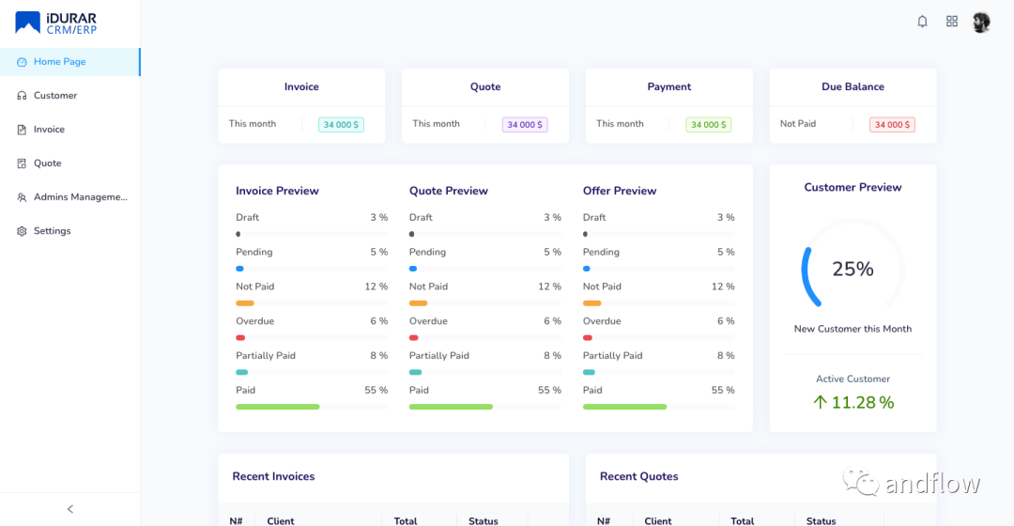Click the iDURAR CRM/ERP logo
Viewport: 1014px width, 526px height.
tap(55, 23)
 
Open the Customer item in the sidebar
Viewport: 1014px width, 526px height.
tap(55, 96)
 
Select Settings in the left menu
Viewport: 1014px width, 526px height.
tap(52, 231)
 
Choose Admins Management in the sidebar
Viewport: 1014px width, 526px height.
tap(80, 197)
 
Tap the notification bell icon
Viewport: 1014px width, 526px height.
tap(922, 22)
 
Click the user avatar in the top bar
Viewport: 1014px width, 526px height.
tap(981, 22)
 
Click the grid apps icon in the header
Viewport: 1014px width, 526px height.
tap(952, 22)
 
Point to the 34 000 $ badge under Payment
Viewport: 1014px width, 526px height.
tap(708, 125)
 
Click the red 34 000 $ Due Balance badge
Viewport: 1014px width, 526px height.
tap(892, 125)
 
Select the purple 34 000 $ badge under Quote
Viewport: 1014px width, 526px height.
tap(525, 125)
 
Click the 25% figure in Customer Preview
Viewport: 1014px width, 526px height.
tap(853, 270)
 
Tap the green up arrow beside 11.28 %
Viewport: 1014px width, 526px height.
tap(820, 402)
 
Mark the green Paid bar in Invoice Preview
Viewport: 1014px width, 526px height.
tap(277, 407)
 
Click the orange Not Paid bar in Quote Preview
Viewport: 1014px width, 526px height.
tap(418, 303)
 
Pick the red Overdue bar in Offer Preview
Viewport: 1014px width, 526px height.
tap(588, 337)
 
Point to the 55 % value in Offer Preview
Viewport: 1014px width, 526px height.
tap(722, 391)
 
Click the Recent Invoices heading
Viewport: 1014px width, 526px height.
tap(273, 477)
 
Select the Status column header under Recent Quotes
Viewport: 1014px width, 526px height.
tap(821, 520)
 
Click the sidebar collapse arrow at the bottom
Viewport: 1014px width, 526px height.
tap(70, 509)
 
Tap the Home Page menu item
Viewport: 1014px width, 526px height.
tap(60, 62)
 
